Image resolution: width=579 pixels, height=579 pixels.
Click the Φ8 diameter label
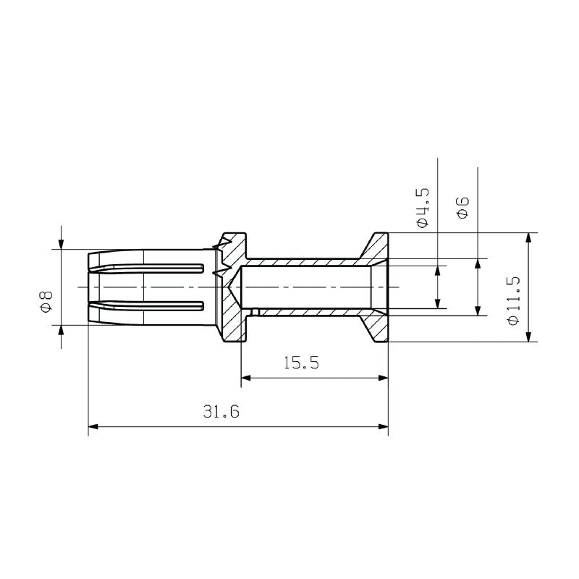[x=46, y=300]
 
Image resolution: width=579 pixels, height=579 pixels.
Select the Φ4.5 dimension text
[x=423, y=208]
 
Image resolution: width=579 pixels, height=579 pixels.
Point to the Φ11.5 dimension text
[x=514, y=300]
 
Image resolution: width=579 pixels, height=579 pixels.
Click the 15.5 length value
[x=301, y=363]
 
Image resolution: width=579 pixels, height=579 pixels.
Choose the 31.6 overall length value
[x=221, y=412]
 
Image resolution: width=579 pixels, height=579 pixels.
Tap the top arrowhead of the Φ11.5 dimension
[x=529, y=238]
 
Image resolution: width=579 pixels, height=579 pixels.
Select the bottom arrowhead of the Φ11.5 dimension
[x=529, y=336]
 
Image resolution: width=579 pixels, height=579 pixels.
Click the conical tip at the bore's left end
[x=234, y=287]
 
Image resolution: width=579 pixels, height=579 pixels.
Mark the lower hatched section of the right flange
[x=376, y=326]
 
